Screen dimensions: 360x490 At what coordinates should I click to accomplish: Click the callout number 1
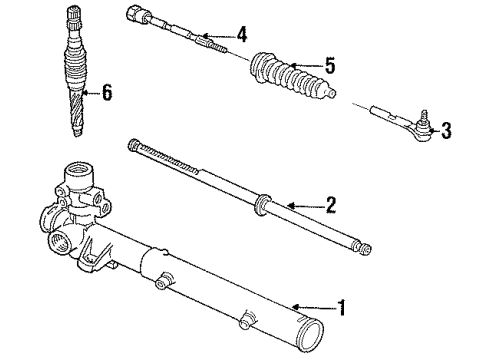tap(343, 308)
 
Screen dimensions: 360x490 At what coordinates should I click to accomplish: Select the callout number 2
tap(331, 206)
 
